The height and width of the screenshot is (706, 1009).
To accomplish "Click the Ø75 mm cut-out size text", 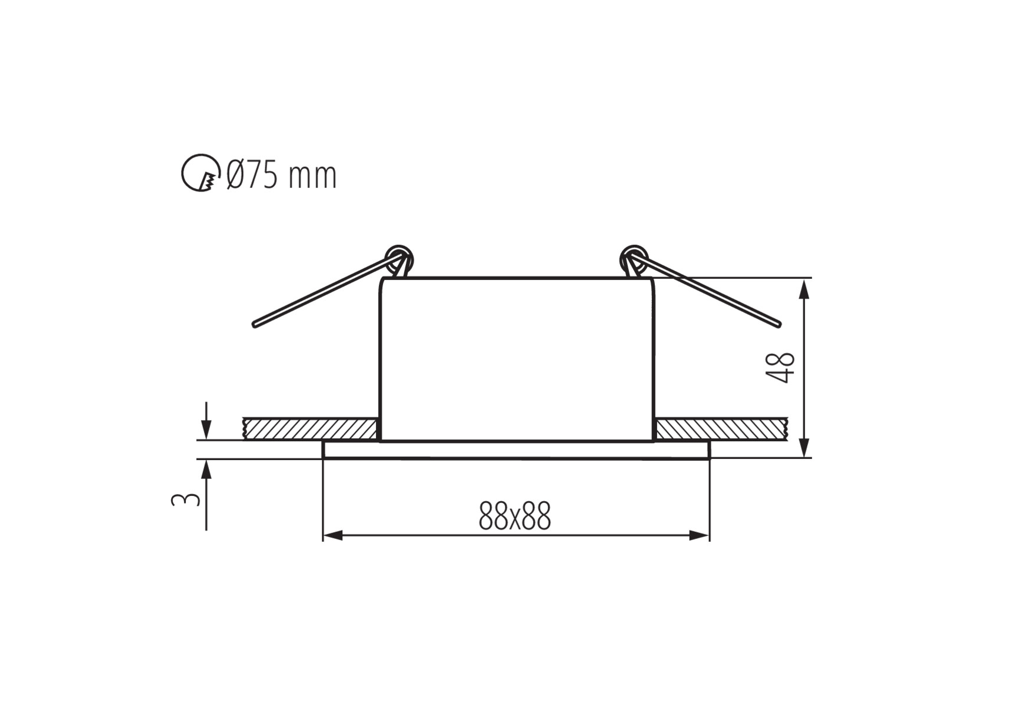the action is (282, 175).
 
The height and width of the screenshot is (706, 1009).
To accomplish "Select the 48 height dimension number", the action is (782, 368).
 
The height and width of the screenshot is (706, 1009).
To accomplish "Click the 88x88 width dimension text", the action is (515, 516).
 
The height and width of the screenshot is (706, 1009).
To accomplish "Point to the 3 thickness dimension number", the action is (185, 499).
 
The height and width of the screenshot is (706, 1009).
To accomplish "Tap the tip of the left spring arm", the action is (255, 324).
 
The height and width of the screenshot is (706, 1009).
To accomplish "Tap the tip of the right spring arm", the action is (779, 324).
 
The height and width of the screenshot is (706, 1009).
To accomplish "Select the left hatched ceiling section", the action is (311, 428).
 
